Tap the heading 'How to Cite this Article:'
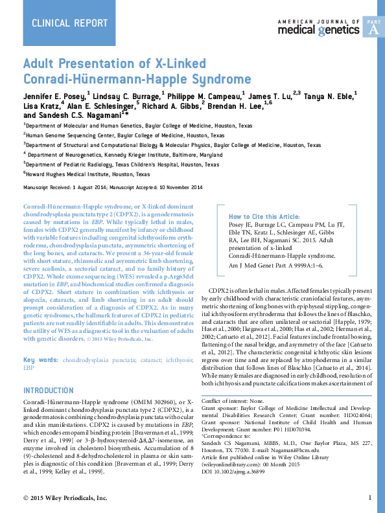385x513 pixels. tap(264, 216)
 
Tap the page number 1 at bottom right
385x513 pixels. tap(369, 497)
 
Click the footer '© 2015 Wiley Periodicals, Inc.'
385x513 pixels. tap(65, 497)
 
